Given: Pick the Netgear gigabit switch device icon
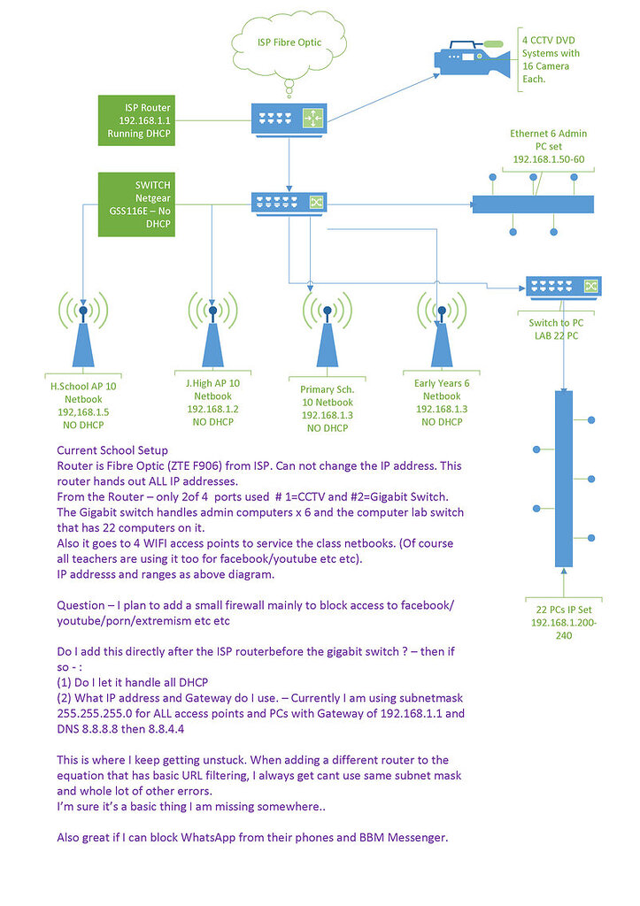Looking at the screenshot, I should (x=289, y=203).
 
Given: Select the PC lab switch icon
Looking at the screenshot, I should (x=563, y=287).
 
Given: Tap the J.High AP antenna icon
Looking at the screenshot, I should (x=212, y=331).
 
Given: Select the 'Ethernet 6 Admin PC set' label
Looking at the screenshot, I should (x=549, y=146).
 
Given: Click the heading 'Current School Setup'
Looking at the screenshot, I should (x=112, y=451).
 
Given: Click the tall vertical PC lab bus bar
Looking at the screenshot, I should (x=563, y=478).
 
